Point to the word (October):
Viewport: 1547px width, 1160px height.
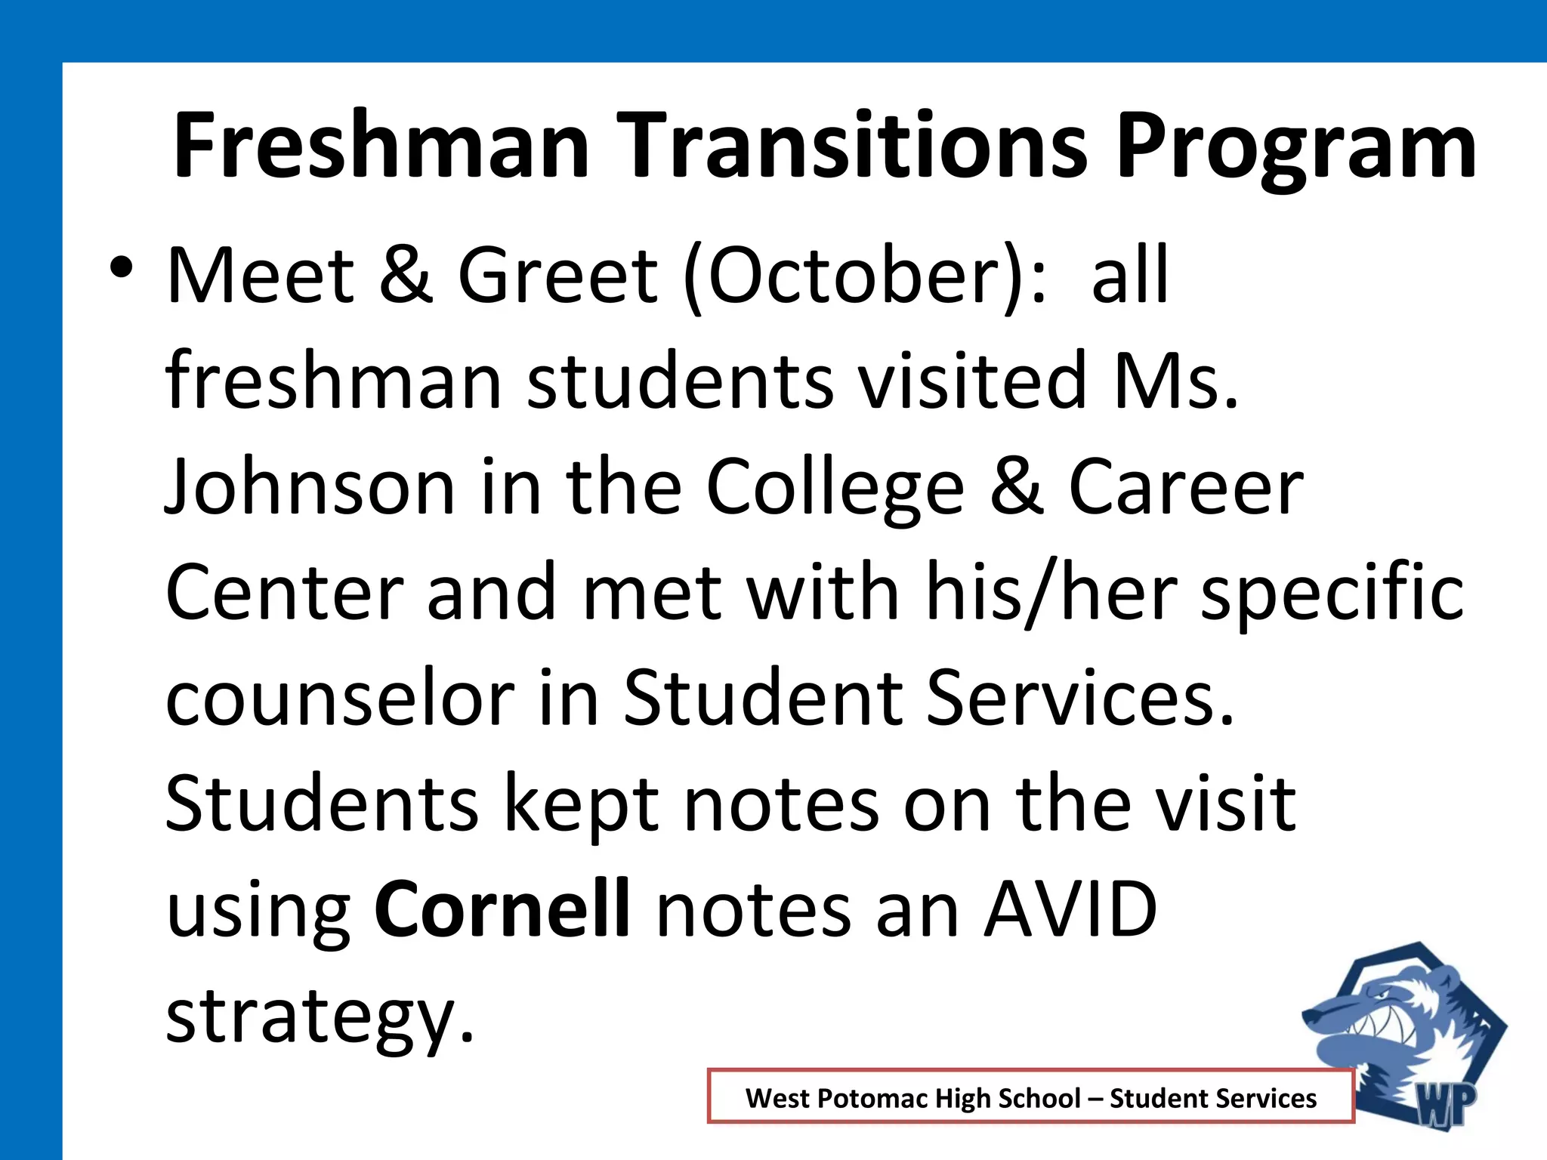pyautogui.click(x=865, y=276)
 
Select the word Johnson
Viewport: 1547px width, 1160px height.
pyautogui.click(x=310, y=487)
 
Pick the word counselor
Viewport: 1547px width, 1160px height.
pyautogui.click(x=340, y=699)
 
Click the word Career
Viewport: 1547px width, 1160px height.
pyautogui.click(x=1186, y=487)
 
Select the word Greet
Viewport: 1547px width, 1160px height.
pyautogui.click(x=558, y=276)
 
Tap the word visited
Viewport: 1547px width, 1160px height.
pyautogui.click(x=975, y=381)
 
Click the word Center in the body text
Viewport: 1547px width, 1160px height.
pyautogui.click(x=284, y=593)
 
